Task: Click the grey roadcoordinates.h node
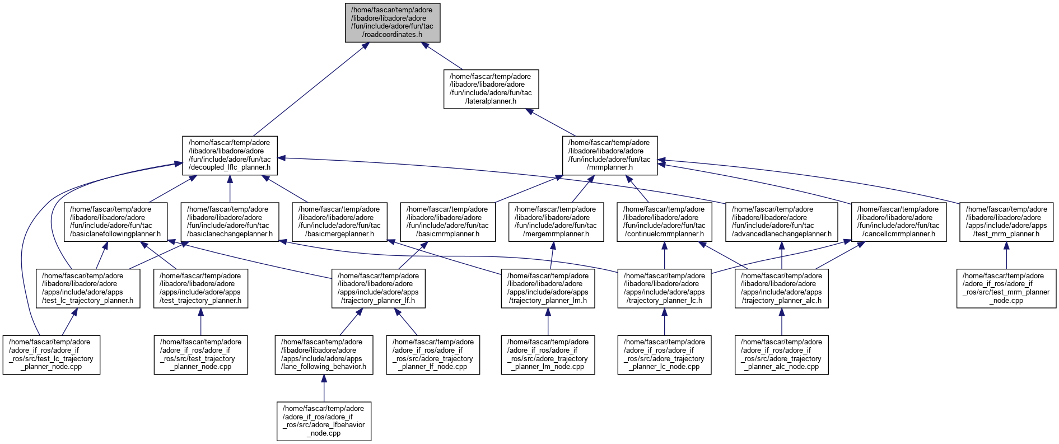click(x=392, y=22)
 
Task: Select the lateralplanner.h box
click(x=491, y=89)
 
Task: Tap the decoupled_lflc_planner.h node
click(x=230, y=155)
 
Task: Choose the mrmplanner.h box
click(x=609, y=155)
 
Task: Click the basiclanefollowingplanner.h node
click(x=115, y=222)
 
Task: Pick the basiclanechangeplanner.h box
click(x=230, y=222)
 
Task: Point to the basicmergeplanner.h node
click(x=339, y=222)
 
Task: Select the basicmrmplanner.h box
click(x=447, y=222)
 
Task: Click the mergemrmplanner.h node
click(x=556, y=222)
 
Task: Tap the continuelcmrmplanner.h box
click(x=664, y=222)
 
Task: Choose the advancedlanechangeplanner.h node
click(x=781, y=222)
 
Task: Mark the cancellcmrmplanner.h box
click(x=899, y=222)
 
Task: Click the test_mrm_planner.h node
click(x=1006, y=222)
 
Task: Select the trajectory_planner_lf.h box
click(x=378, y=288)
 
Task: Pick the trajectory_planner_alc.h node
click(x=781, y=288)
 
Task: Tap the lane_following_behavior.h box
click(x=324, y=355)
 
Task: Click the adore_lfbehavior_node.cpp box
click(x=324, y=421)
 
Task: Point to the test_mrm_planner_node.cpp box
click(x=1006, y=288)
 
